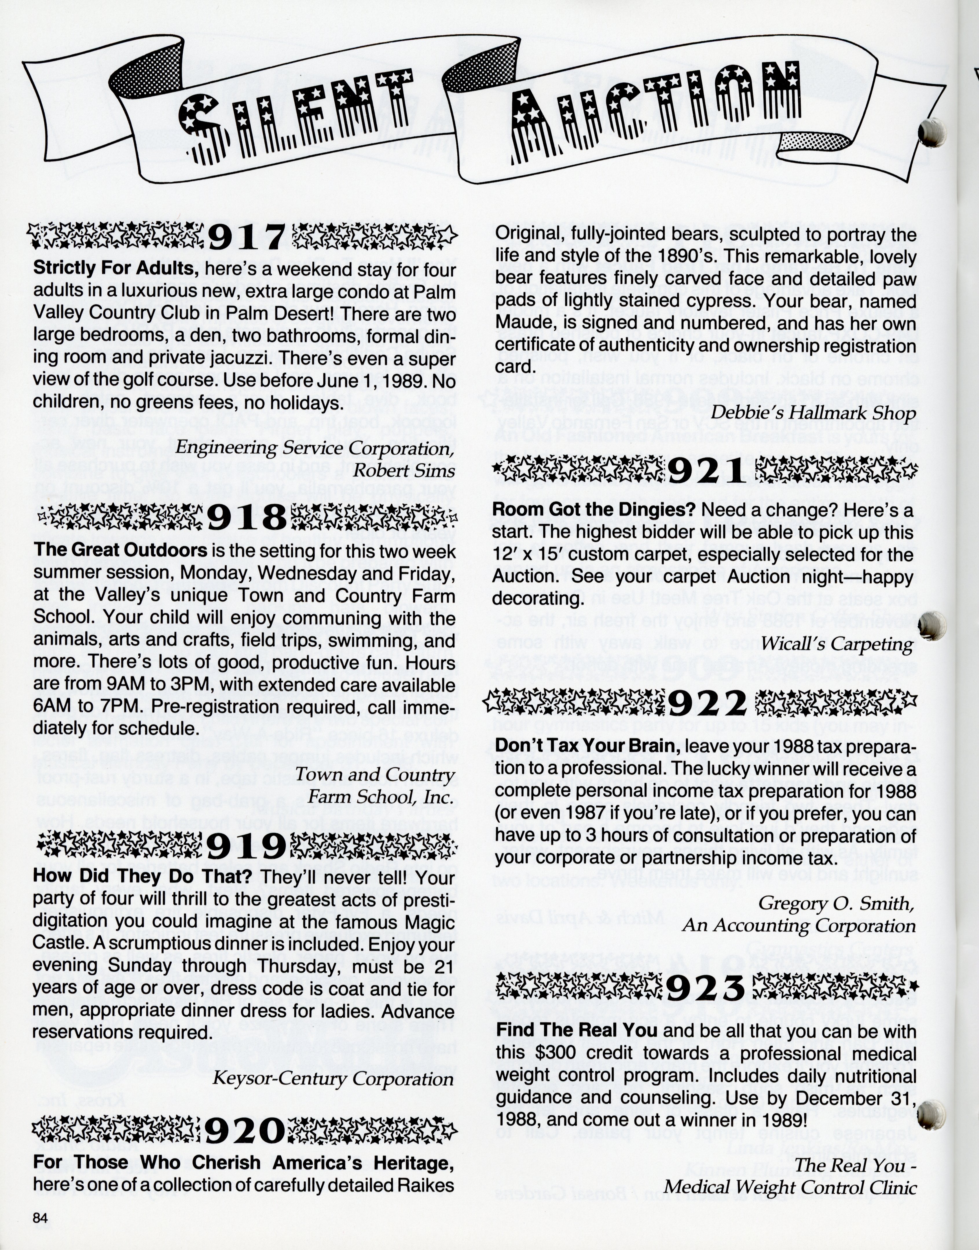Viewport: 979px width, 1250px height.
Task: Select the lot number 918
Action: click(246, 519)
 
